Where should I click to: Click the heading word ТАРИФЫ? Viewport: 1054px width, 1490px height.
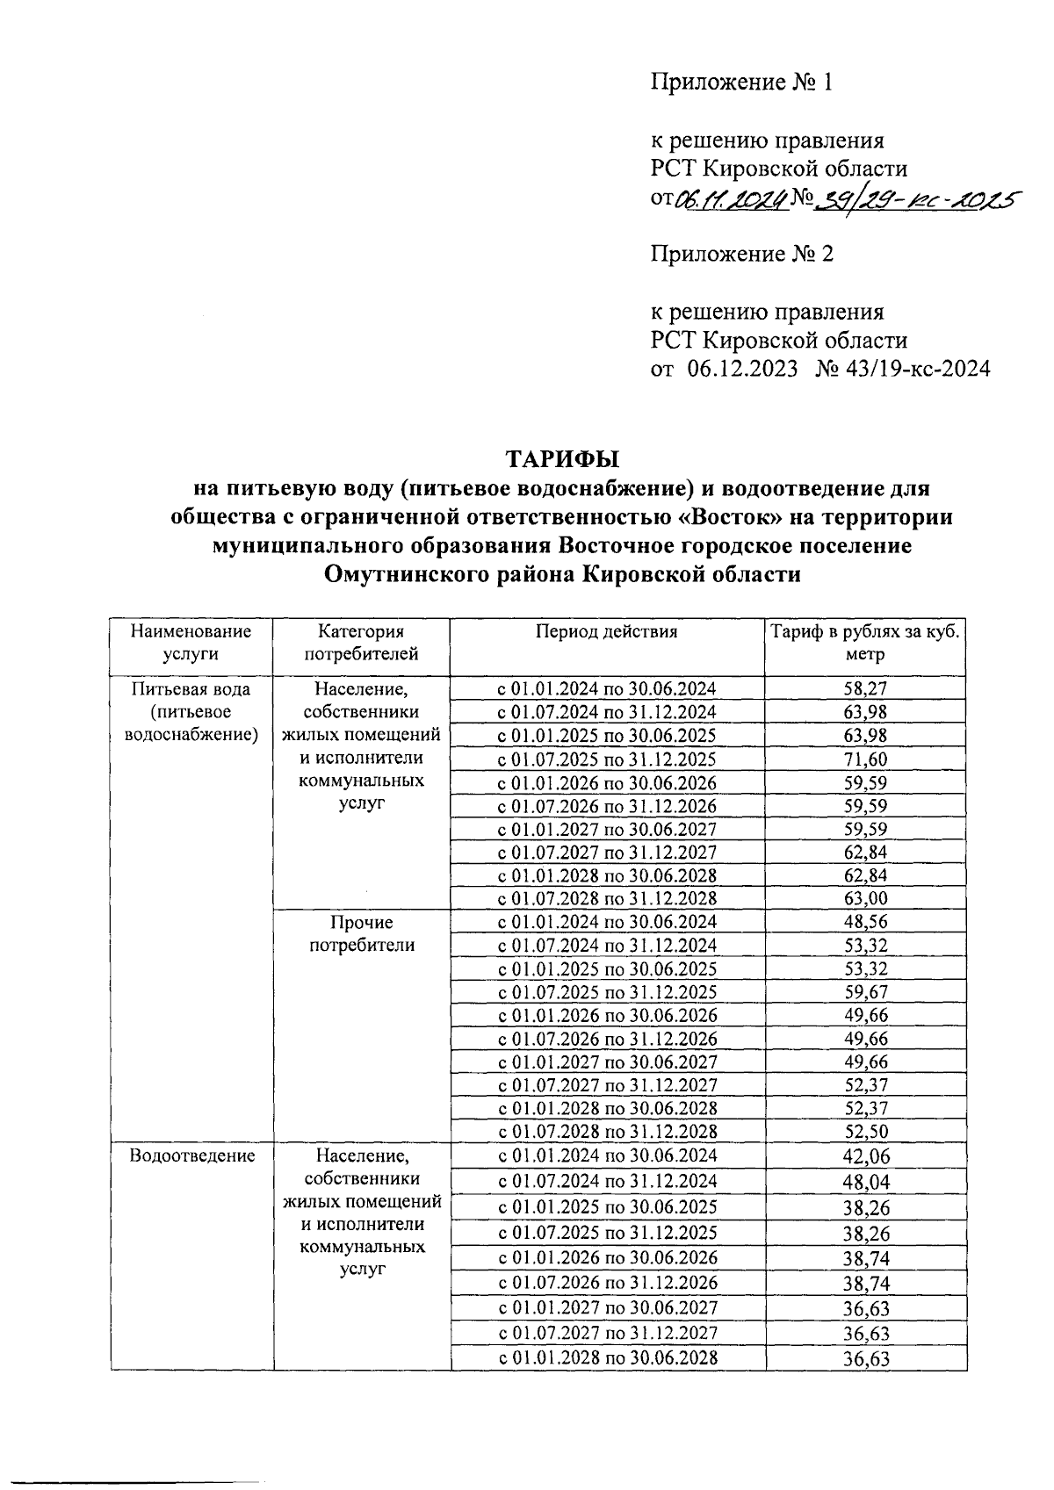(561, 459)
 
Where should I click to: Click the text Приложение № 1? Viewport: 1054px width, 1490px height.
(740, 83)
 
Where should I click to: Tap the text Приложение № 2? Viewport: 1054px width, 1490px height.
(740, 255)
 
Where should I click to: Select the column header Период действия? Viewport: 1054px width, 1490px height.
(606, 631)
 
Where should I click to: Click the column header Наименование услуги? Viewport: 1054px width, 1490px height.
(191, 642)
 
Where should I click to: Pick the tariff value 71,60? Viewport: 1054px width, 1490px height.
(865, 759)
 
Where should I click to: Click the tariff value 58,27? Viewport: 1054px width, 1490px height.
(865, 689)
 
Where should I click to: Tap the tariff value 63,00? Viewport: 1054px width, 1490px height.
(865, 898)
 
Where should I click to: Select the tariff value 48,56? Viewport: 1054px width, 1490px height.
(865, 922)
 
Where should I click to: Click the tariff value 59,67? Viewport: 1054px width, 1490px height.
(865, 992)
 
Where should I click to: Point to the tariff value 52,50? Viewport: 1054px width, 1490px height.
(865, 1132)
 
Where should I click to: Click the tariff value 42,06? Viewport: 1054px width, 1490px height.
(865, 1156)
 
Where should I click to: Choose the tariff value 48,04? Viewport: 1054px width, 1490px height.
(865, 1182)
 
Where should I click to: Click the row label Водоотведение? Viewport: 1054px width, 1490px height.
(191, 1155)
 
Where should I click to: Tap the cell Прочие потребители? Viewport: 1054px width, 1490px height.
(362, 933)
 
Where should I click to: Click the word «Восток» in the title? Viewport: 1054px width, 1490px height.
(729, 516)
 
